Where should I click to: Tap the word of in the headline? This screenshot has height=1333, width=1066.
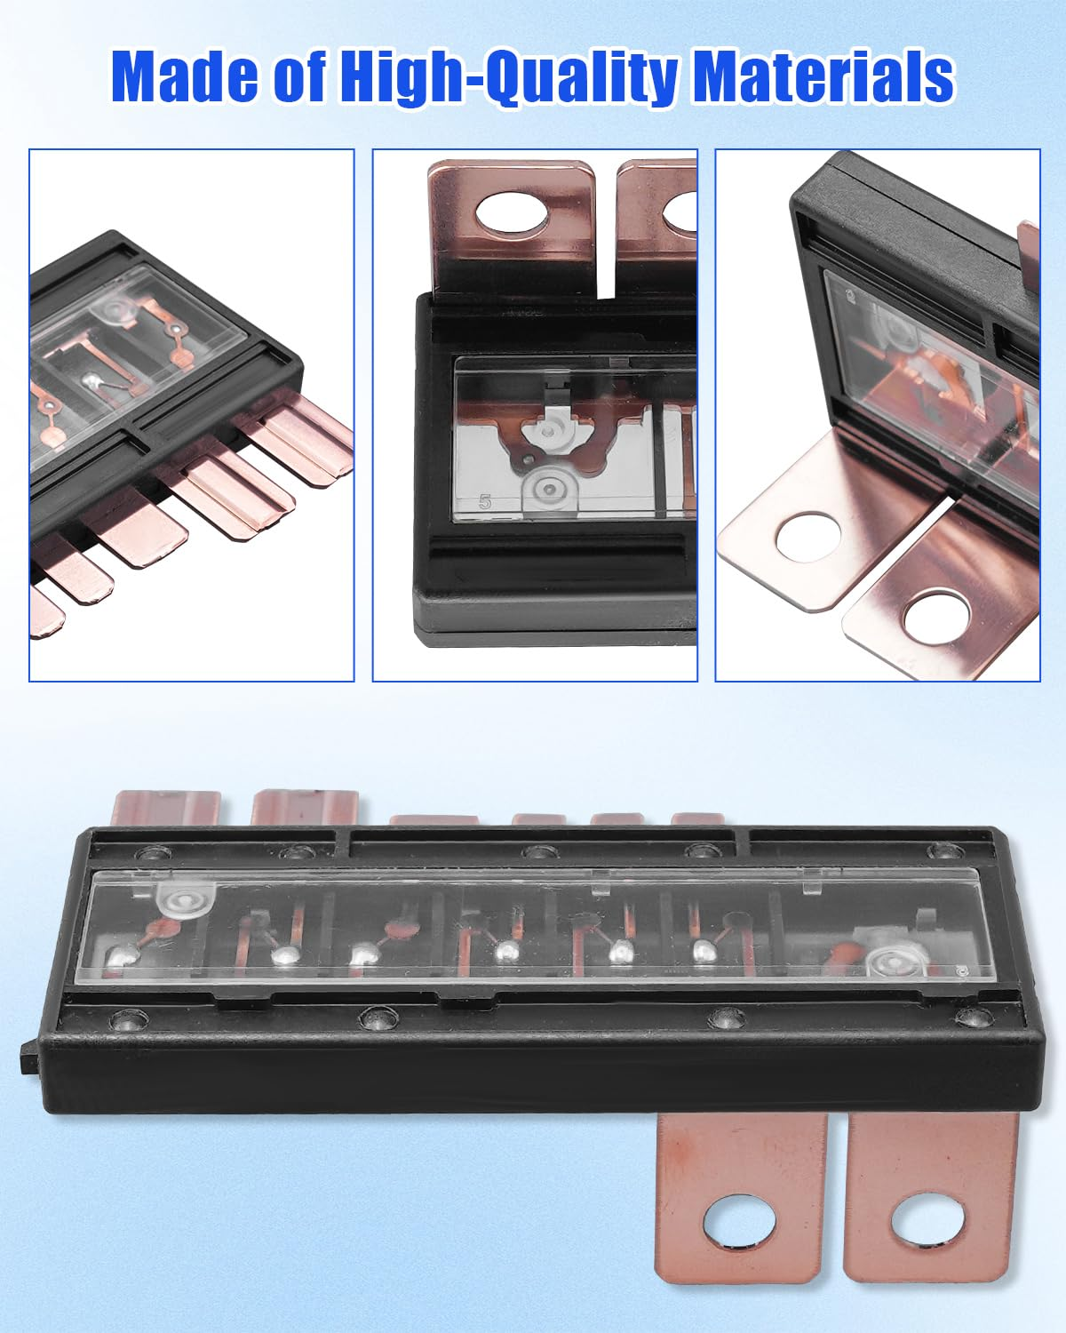299,76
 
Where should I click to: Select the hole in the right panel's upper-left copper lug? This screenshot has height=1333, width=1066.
808,537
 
